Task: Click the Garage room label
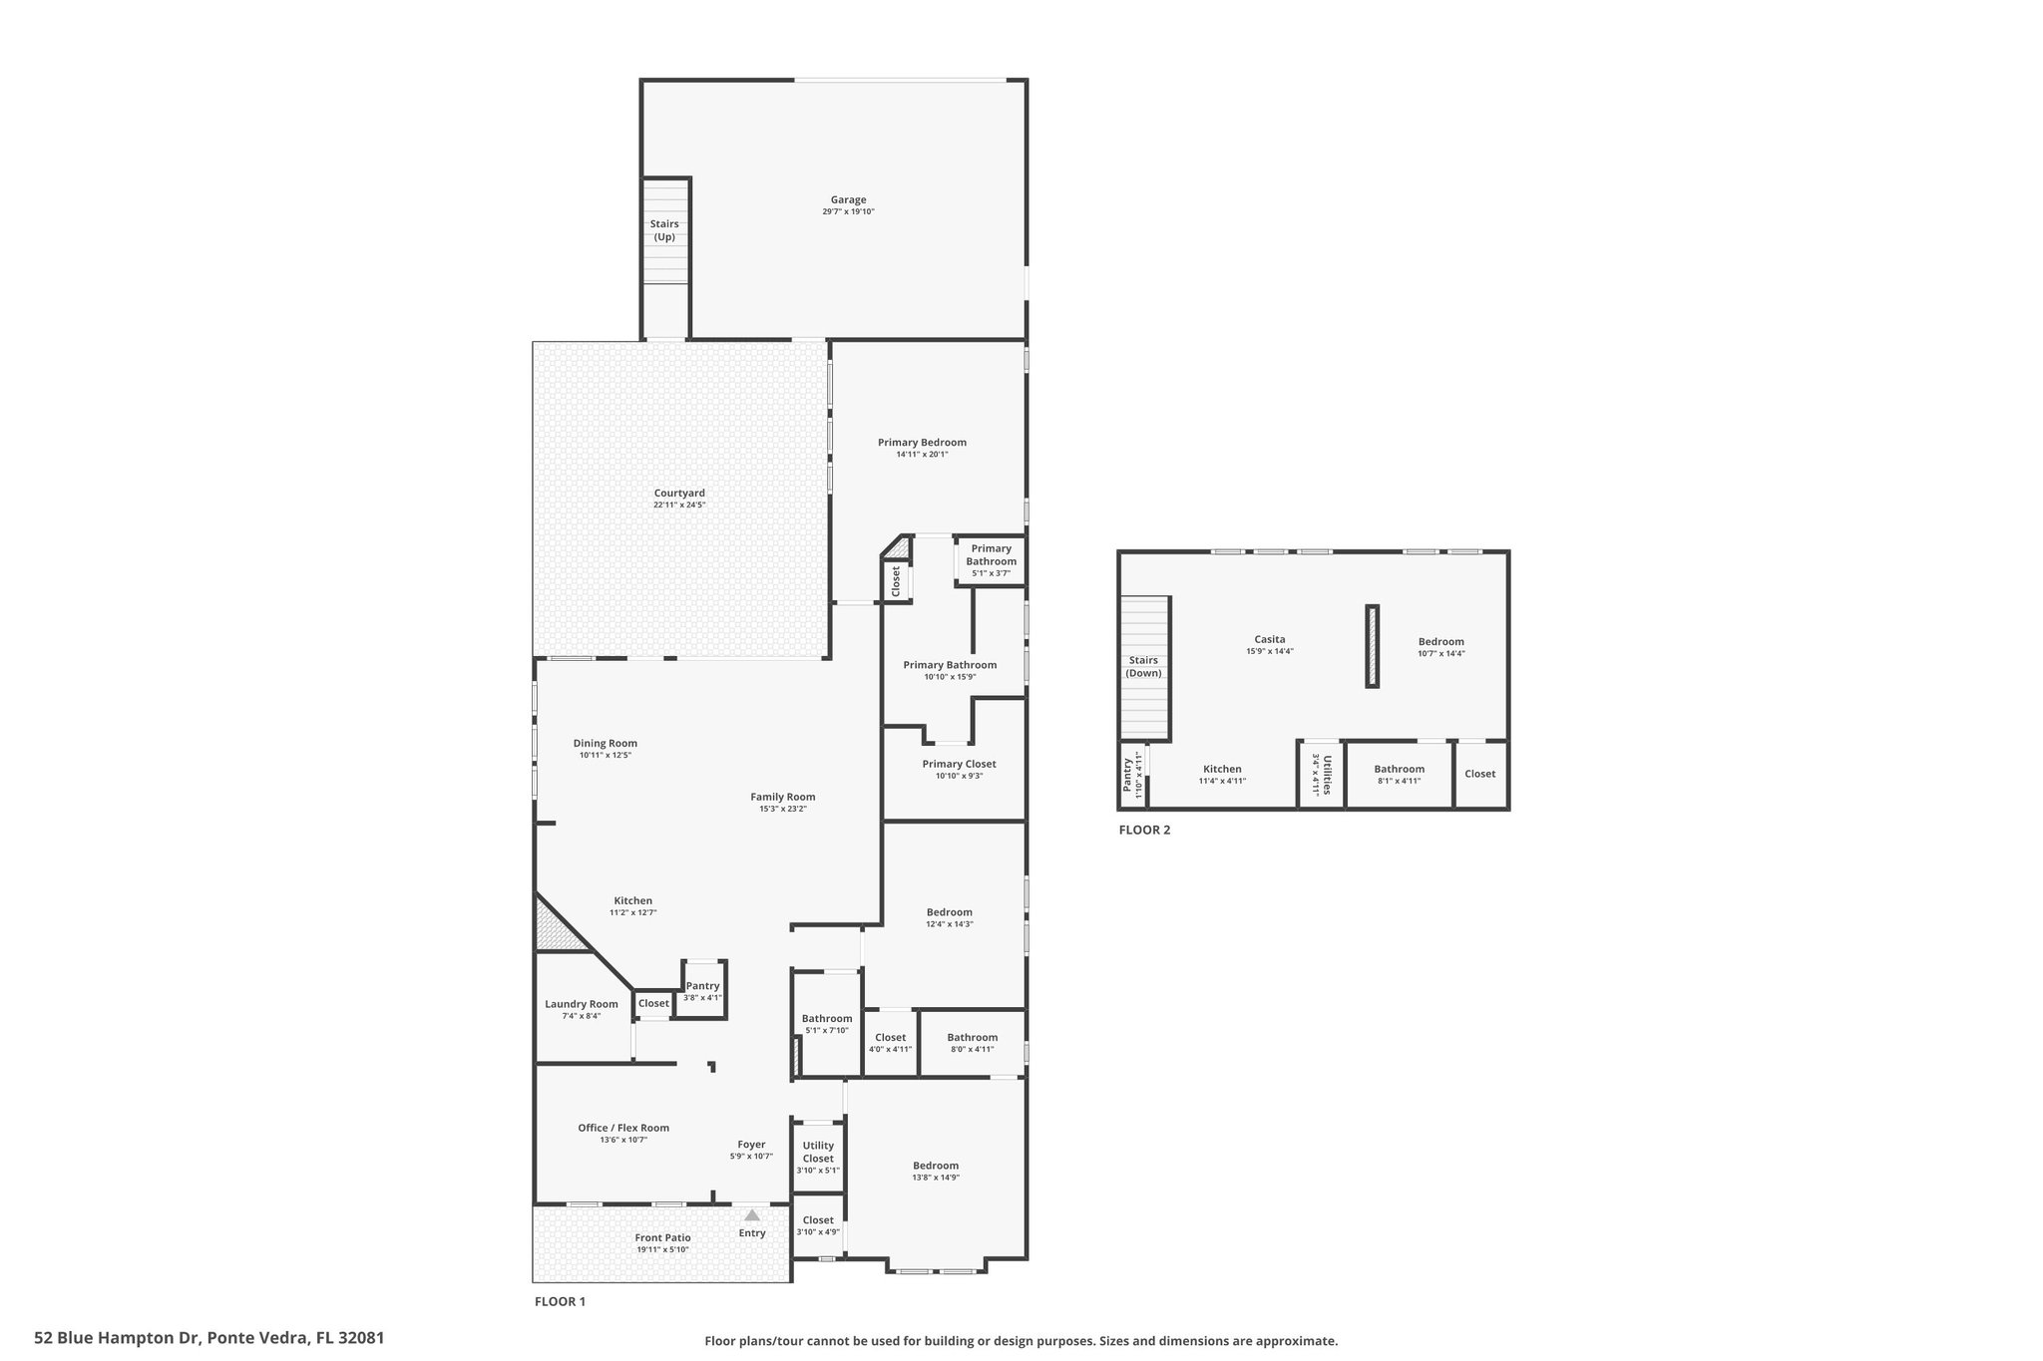tap(848, 199)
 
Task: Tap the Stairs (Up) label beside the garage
tap(664, 230)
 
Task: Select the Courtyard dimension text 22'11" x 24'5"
tap(679, 506)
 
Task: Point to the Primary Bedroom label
tap(922, 443)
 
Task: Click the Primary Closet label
tap(959, 764)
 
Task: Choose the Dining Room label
tap(605, 743)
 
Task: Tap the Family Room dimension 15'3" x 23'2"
tap(783, 809)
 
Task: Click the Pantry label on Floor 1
tap(702, 986)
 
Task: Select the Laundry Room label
tap(582, 1004)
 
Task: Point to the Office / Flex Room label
tap(623, 1128)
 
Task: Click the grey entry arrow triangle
tap(752, 1214)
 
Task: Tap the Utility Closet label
tap(818, 1152)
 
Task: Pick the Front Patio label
tap(662, 1237)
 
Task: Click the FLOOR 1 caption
tap(560, 1301)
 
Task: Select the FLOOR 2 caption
tap(1144, 830)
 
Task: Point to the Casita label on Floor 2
tap(1270, 639)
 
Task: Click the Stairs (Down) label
tap(1143, 666)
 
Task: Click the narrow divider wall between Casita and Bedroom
tap(1372, 646)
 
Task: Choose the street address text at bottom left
tap(208, 1337)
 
